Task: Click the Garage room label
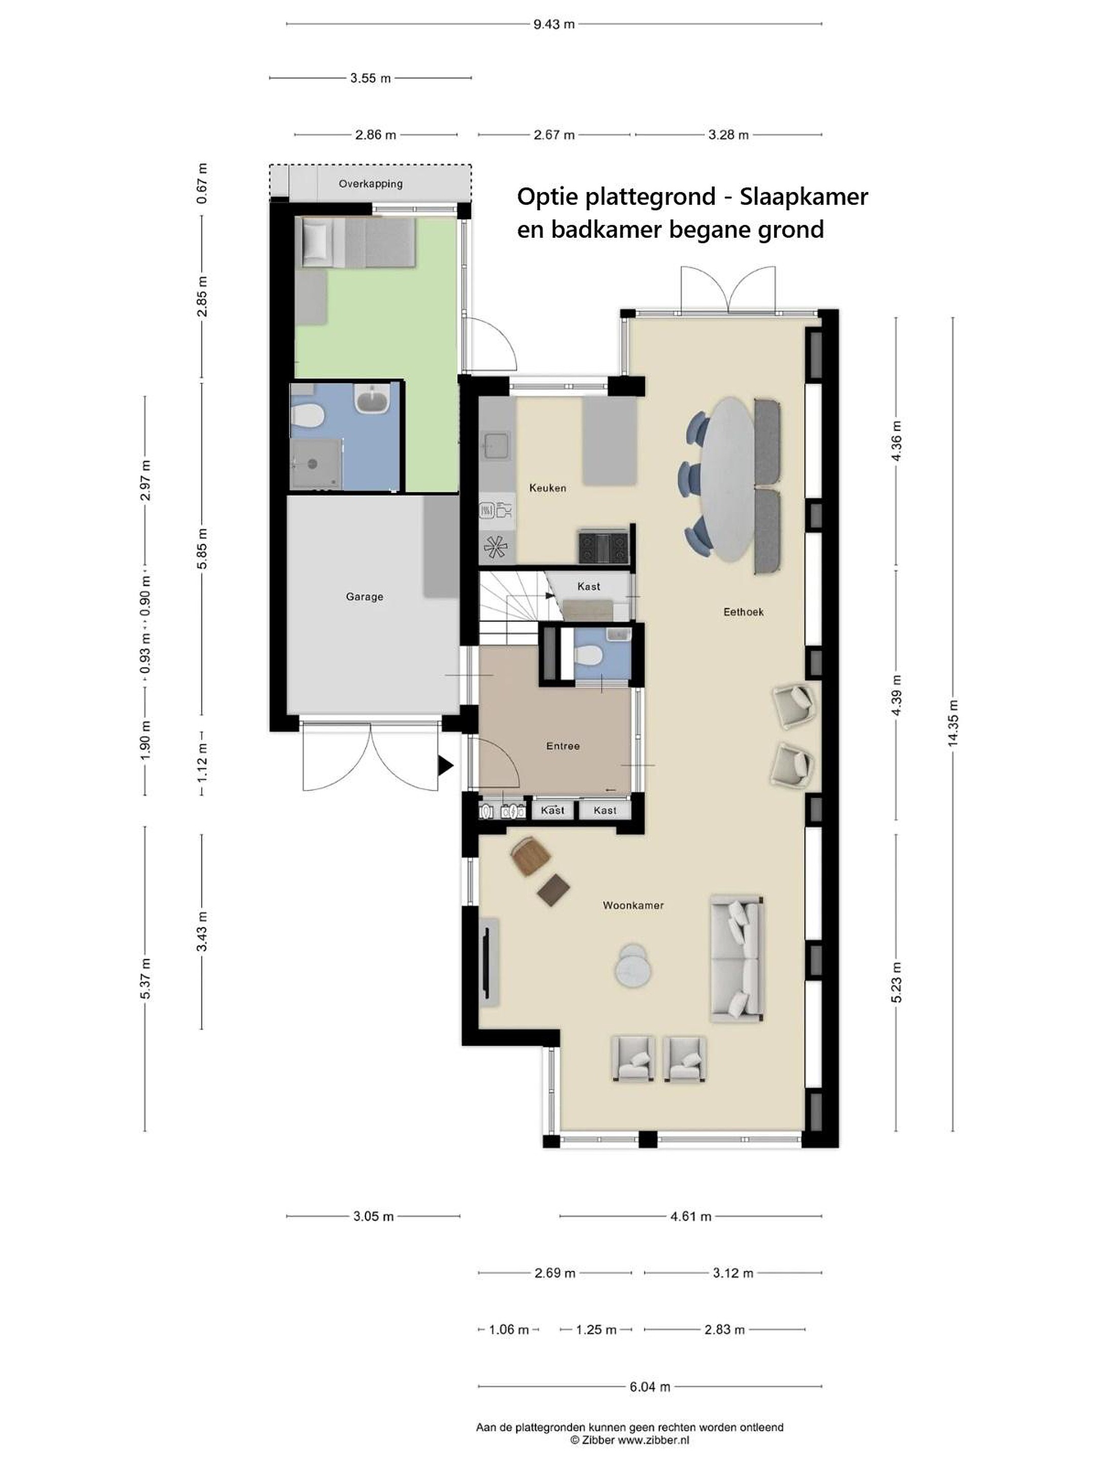[364, 596]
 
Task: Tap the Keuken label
[547, 488]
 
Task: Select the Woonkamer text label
[633, 905]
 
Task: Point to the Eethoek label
[743, 612]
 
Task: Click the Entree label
[563, 746]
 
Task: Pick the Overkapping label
[371, 184]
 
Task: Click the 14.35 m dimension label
[953, 723]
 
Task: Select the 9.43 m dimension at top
[554, 24]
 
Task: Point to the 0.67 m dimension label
[202, 183]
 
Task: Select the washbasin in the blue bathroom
[372, 399]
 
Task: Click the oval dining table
[727, 480]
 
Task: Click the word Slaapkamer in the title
[804, 197]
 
